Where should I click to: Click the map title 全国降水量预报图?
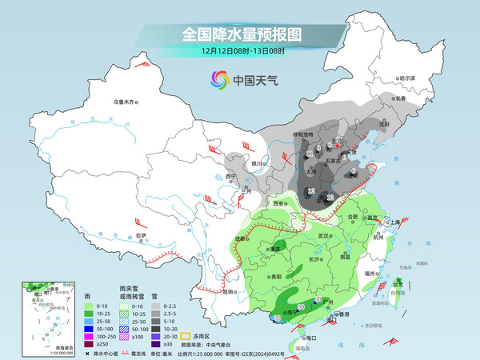pos(240,34)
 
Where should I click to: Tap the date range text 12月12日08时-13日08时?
pos(240,50)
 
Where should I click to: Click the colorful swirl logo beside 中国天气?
pos(220,79)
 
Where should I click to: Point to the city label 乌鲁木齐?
pos(126,102)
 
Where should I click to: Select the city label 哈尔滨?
pos(408,78)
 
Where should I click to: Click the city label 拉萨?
pos(141,235)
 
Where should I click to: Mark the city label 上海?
pos(393,222)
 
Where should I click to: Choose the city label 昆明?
pos(230,291)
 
